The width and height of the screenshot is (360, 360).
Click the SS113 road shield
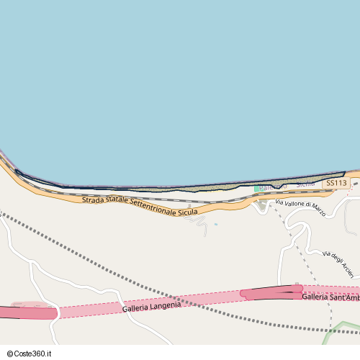336,184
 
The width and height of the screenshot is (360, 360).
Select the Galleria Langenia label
151,306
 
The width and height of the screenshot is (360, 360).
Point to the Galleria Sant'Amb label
330,297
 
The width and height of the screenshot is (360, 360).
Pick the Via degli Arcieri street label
338,263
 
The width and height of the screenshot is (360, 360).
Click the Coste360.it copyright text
33,354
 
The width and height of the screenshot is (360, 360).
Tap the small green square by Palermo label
256,189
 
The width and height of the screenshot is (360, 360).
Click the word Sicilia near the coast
306,185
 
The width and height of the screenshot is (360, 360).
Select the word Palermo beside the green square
273,187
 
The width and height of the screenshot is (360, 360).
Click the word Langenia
165,305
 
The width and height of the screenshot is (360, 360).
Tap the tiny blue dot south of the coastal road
215,224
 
